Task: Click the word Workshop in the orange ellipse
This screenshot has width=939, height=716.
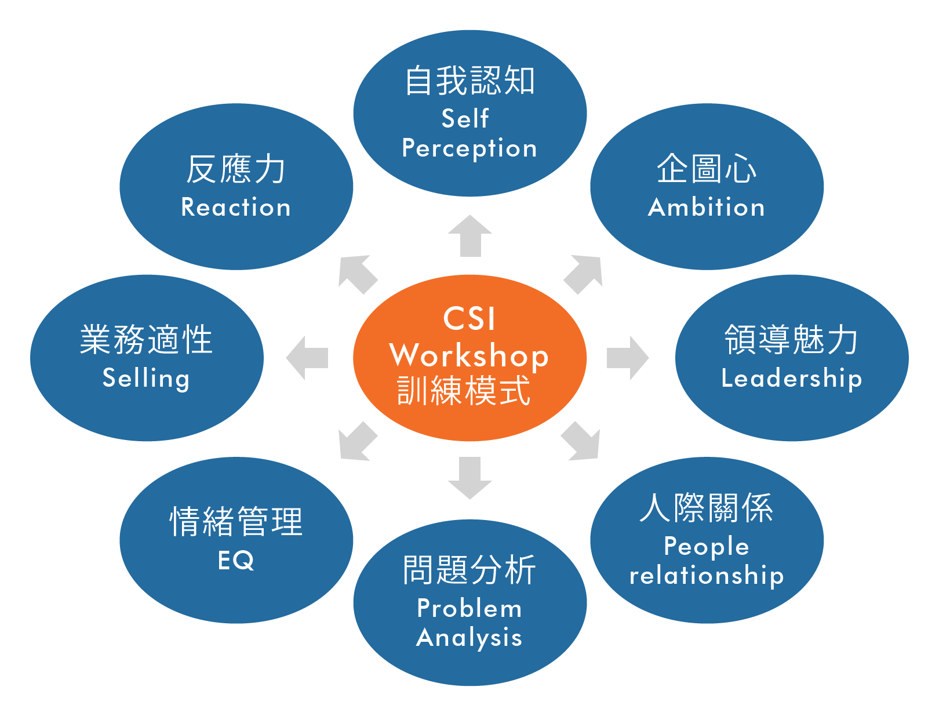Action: click(469, 355)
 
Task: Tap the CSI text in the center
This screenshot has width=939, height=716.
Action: click(469, 319)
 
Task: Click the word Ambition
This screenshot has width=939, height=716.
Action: click(707, 207)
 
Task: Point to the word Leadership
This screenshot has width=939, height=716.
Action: click(792, 378)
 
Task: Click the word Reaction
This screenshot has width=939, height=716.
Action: click(236, 207)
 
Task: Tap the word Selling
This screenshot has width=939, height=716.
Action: click(146, 378)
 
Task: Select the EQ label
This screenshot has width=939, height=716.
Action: click(236, 560)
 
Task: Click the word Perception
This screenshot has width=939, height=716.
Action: click(469, 148)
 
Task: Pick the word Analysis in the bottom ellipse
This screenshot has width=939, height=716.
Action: click(469, 637)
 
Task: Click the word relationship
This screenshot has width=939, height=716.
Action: click(707, 575)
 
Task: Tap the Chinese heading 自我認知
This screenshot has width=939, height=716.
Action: click(469, 81)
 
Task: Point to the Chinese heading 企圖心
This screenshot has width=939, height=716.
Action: click(707, 169)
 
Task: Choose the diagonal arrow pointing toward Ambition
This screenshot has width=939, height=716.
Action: click(584, 274)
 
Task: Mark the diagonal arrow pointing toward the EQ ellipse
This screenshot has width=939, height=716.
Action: click(356, 442)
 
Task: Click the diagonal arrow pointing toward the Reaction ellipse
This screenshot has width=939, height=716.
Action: click(356, 274)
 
